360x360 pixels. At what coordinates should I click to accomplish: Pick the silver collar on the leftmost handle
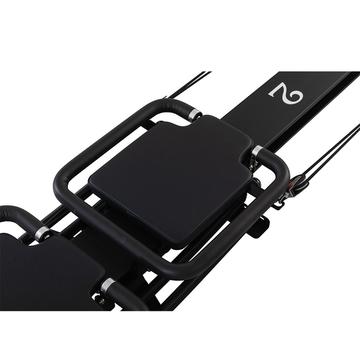[x=42, y=233]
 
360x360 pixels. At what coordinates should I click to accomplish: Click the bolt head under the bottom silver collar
[x=101, y=301]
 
